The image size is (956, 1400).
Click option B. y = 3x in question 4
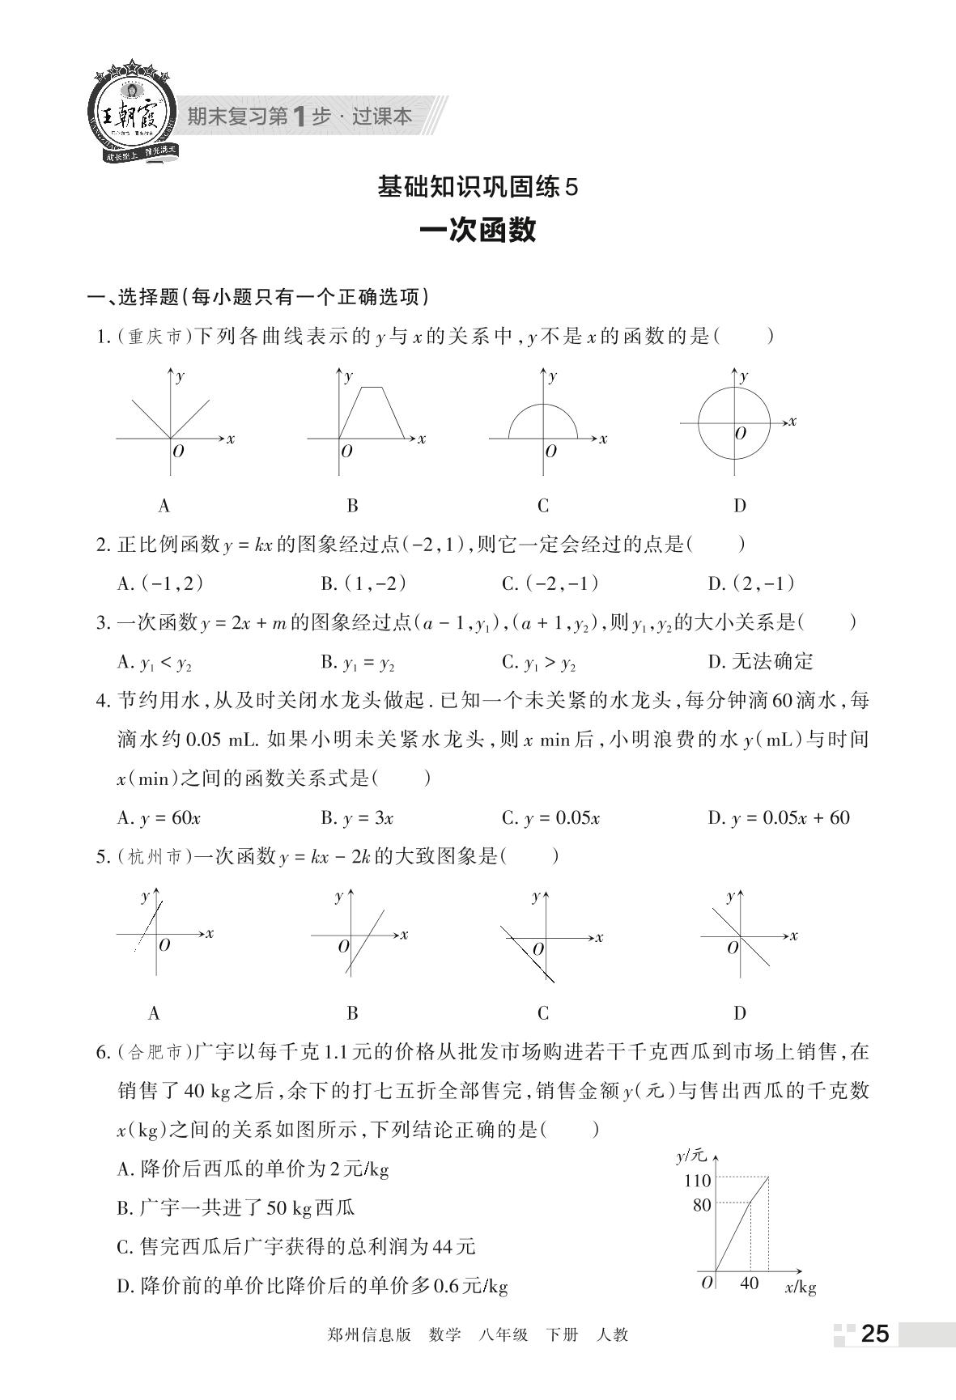tap(357, 818)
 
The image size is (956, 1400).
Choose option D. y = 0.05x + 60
tap(778, 818)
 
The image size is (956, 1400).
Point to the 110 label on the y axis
tap(697, 1181)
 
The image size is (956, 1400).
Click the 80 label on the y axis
tap(701, 1205)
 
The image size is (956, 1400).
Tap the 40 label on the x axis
tap(750, 1283)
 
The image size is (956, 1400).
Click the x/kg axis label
tap(800, 1287)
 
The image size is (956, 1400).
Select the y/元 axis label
tap(690, 1156)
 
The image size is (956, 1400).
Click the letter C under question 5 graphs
tap(543, 1012)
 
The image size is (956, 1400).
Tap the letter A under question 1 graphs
tap(164, 506)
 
